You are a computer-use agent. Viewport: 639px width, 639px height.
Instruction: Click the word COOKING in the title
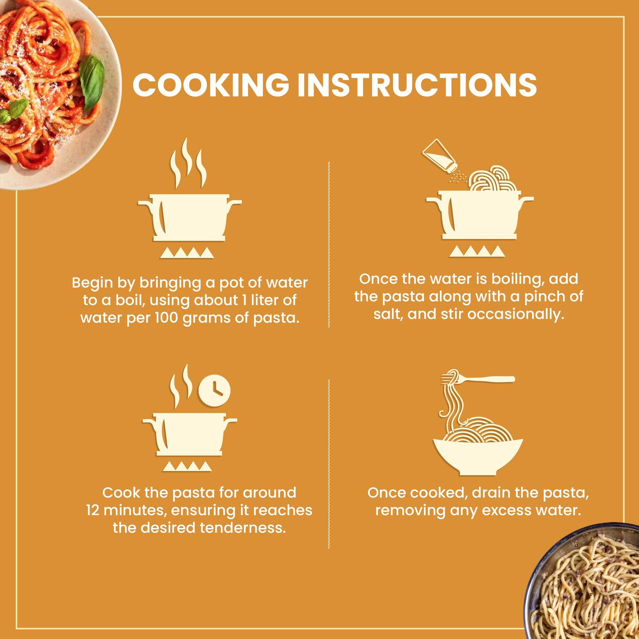[210, 85]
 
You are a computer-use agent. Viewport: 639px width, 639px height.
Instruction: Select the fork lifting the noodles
[478, 379]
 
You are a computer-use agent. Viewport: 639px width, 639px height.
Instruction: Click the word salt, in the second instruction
[387, 314]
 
